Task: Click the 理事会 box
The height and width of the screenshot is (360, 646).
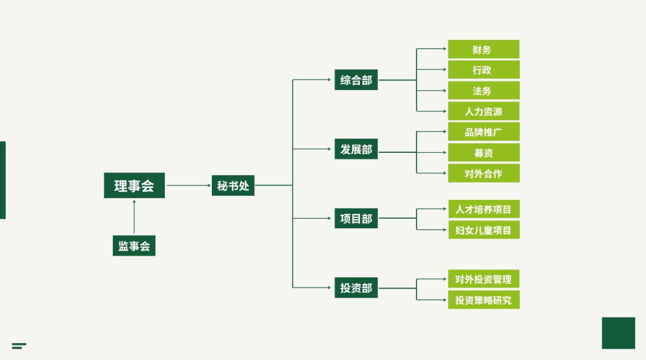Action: point(134,185)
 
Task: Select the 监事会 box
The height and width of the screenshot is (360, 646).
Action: point(134,246)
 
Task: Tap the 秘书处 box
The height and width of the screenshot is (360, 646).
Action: point(233,185)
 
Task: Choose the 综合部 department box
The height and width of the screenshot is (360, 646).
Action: point(356,80)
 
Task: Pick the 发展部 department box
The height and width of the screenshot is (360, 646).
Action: point(356,149)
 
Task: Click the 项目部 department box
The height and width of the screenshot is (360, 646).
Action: point(356,218)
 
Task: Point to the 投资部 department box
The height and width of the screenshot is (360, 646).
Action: point(356,288)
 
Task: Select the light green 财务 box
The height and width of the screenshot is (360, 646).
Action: point(483,50)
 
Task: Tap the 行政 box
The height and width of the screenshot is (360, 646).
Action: point(483,70)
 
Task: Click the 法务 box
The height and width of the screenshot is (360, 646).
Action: point(483,91)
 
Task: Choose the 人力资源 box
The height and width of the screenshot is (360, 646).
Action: point(483,111)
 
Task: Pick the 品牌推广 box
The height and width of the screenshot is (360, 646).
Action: point(483,132)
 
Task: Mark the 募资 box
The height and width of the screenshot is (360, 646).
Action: point(483,153)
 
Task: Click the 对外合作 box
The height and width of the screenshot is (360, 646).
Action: point(483,173)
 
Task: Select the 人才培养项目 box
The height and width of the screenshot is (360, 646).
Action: point(483,210)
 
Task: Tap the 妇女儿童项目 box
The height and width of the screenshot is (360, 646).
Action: point(483,230)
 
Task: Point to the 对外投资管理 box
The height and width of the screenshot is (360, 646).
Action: point(483,279)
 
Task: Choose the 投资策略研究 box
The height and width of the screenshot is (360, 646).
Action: point(483,300)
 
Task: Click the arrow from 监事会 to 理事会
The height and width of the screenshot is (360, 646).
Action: point(134,216)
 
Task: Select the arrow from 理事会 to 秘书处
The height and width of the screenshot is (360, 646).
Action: point(188,185)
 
